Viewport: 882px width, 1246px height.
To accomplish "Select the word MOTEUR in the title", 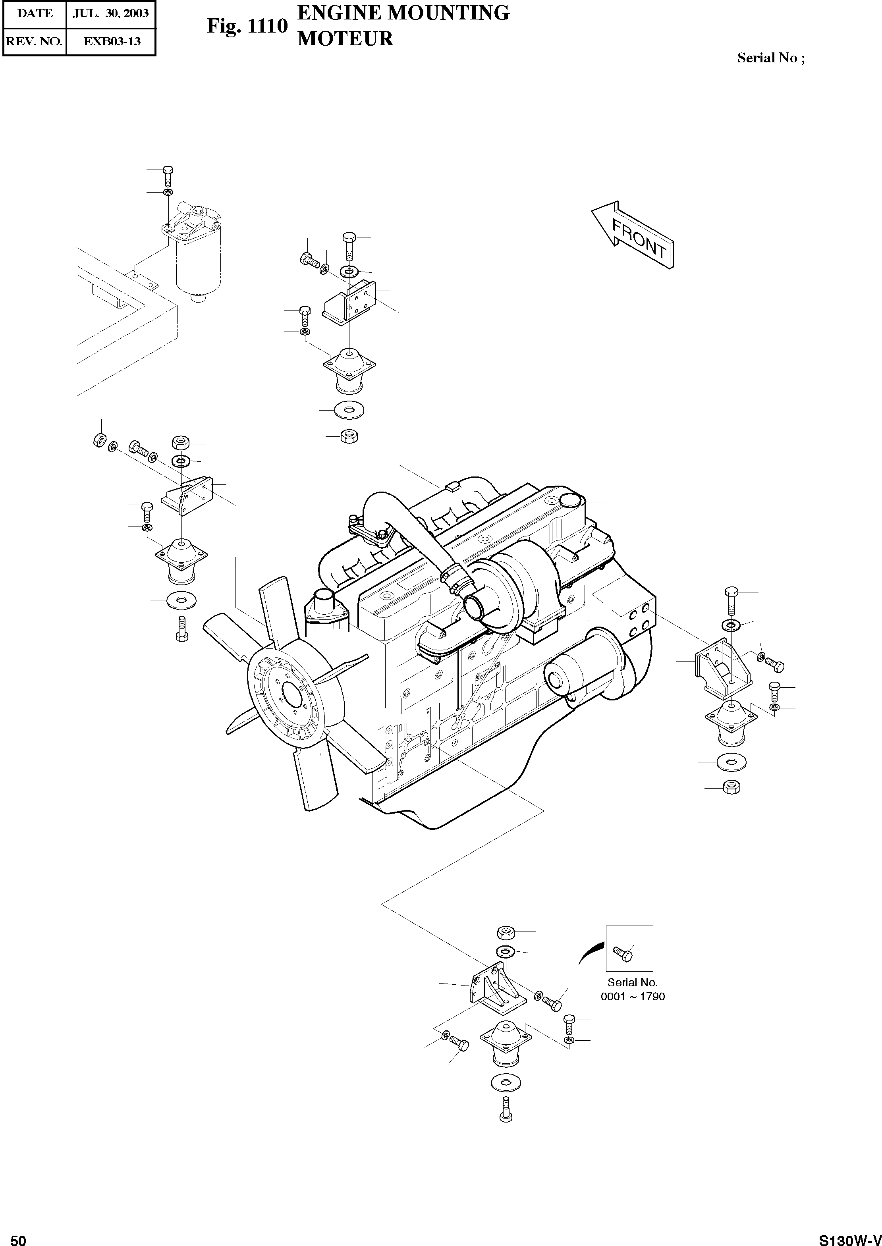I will point(345,39).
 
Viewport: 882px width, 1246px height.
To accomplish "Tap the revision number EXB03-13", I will point(111,41).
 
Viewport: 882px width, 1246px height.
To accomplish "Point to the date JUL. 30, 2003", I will point(111,14).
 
